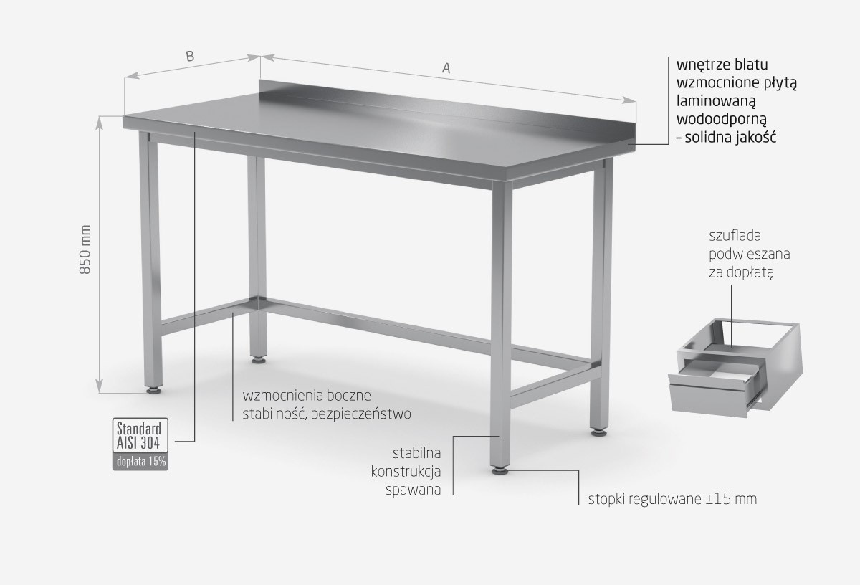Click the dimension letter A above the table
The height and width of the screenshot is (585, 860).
pos(446,68)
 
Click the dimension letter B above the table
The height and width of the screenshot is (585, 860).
pos(190,57)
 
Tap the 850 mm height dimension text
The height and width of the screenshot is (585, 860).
pos(85,249)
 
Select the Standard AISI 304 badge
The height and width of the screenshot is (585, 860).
pos(140,436)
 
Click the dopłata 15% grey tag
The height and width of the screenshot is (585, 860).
pos(140,462)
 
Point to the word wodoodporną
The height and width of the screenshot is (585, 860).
pos(722,120)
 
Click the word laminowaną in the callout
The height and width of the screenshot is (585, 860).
pos(716,101)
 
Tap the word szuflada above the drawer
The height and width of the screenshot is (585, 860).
pos(735,236)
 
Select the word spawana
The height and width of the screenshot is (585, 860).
pos(413,490)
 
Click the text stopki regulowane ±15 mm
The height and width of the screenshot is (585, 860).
pos(672,499)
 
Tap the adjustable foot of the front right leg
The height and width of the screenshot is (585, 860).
pos(501,470)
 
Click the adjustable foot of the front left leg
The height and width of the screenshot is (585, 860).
pos(155,390)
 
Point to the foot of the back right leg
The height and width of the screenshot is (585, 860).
pos(599,432)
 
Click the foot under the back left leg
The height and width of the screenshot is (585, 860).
pos(259,360)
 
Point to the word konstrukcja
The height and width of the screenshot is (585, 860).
pos(406,472)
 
